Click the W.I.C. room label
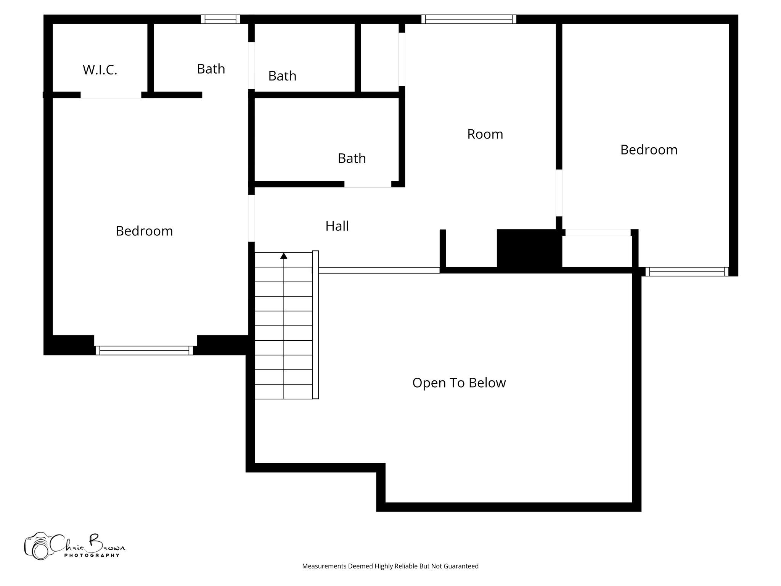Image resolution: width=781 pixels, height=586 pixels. pyautogui.click(x=100, y=70)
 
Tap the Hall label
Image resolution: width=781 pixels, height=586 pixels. pyautogui.click(x=337, y=226)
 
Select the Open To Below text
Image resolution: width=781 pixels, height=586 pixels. pyautogui.click(x=459, y=383)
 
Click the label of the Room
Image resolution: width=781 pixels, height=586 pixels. pyautogui.click(x=485, y=134)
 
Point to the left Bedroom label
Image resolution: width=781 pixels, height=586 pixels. pyautogui.click(x=144, y=231)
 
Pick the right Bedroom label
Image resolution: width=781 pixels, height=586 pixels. pyautogui.click(x=649, y=150)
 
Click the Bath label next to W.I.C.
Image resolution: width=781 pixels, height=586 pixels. pyautogui.click(x=211, y=69)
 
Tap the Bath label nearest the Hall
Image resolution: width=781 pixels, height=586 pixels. pyautogui.click(x=352, y=158)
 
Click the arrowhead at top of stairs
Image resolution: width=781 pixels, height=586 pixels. pyautogui.click(x=284, y=256)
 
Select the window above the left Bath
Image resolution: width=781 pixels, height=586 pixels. pyautogui.click(x=220, y=19)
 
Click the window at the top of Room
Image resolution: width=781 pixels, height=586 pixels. pyautogui.click(x=469, y=19)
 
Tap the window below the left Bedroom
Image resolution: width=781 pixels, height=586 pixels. pyautogui.click(x=144, y=350)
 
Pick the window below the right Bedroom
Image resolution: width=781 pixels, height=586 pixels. pyautogui.click(x=687, y=272)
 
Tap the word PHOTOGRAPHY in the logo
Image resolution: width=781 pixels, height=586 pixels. pyautogui.click(x=92, y=555)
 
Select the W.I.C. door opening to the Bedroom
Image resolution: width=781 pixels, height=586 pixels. pyautogui.click(x=111, y=95)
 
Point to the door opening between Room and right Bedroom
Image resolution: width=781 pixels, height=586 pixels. pyautogui.click(x=559, y=193)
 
